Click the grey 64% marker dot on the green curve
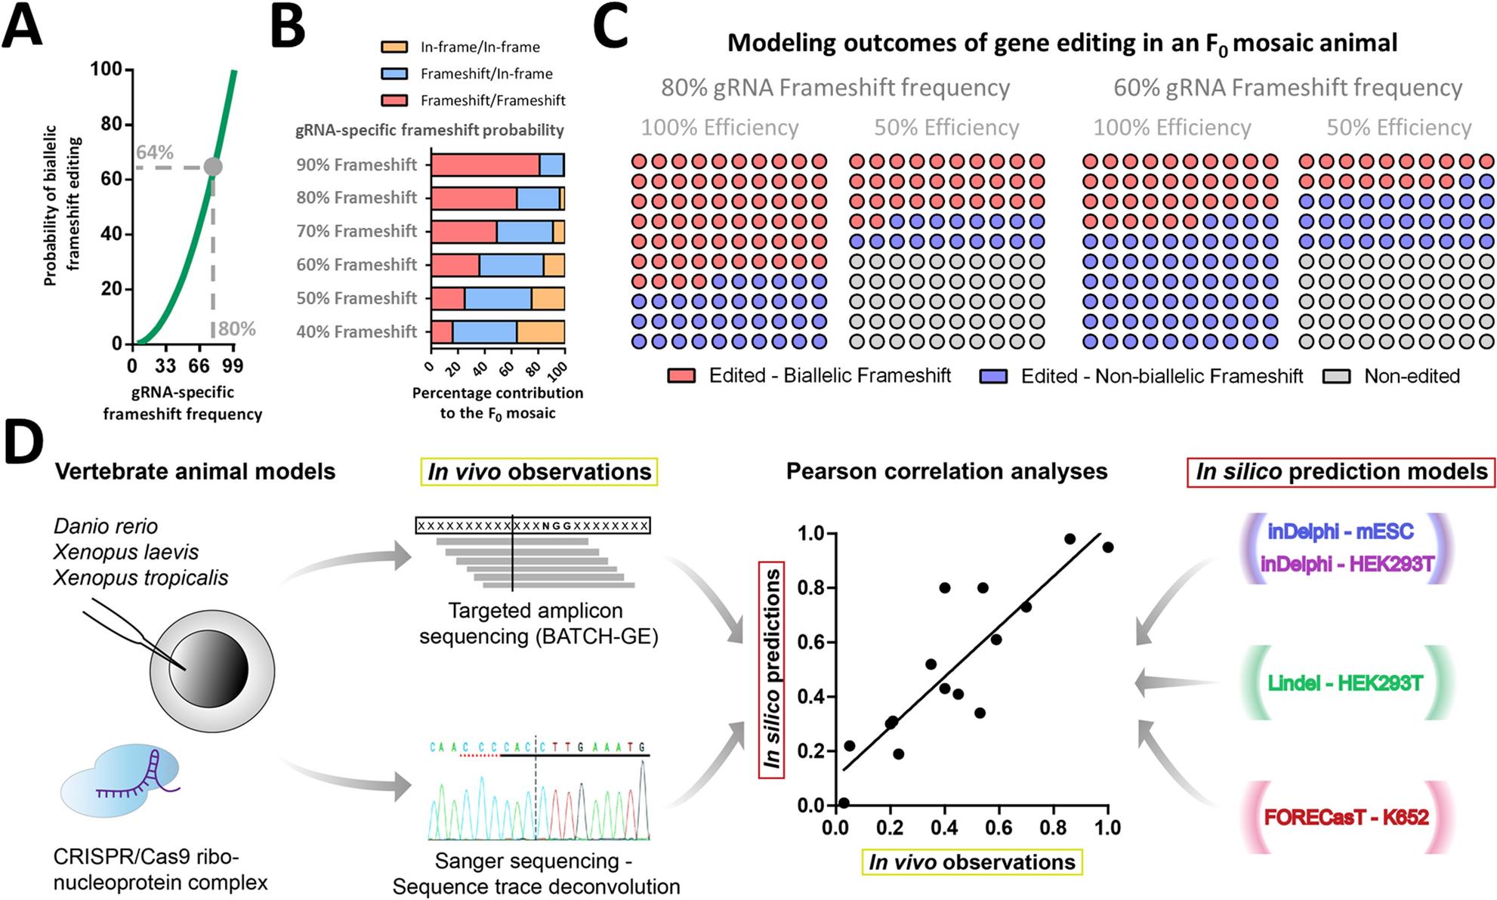pyautogui.click(x=213, y=167)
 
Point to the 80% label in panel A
pyautogui.click(x=236, y=329)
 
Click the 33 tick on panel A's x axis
pyautogui.click(x=165, y=367)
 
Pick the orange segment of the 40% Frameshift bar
pyautogui.click(x=541, y=331)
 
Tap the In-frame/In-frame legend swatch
pyautogui.click(x=394, y=47)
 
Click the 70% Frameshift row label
pyautogui.click(x=357, y=231)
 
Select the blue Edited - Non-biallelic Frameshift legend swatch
pyautogui.click(x=993, y=376)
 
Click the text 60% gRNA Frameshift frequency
pyautogui.click(x=1288, y=88)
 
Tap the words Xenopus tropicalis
pyautogui.click(x=140, y=578)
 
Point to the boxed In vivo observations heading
pyautogui.click(x=539, y=472)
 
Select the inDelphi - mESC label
pyautogui.click(x=1340, y=532)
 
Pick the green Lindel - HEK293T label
pyautogui.click(x=1345, y=683)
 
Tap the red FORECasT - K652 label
pyautogui.click(x=1346, y=817)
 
